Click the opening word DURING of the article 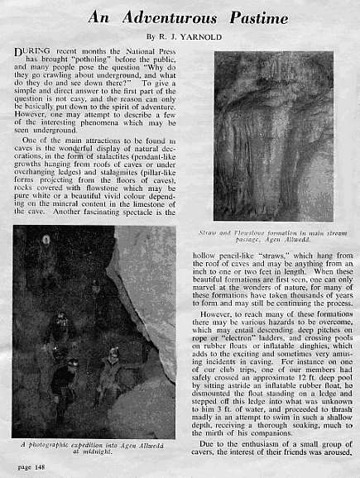click(x=31, y=52)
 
